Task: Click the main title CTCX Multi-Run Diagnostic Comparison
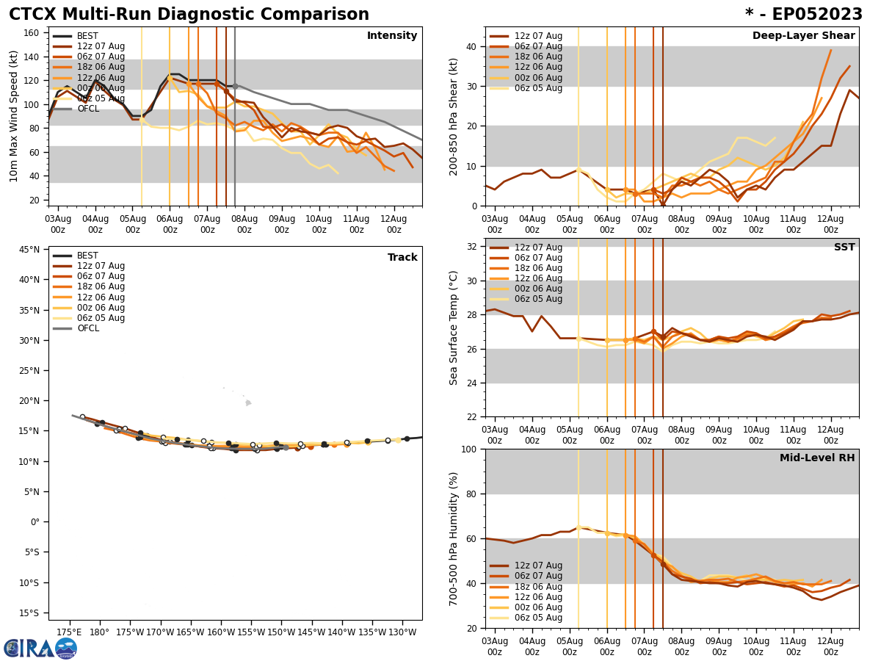pyautogui.click(x=189, y=15)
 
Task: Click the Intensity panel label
pyautogui.click(x=392, y=36)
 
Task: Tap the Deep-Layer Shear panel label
pyautogui.click(x=803, y=36)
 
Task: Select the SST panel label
pyautogui.click(x=844, y=248)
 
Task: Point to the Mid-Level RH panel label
pyautogui.click(x=817, y=458)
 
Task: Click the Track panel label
pyautogui.click(x=402, y=258)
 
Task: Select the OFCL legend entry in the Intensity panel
pyautogui.click(x=88, y=109)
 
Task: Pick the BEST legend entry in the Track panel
pyautogui.click(x=87, y=256)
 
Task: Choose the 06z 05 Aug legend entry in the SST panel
pyautogui.click(x=537, y=299)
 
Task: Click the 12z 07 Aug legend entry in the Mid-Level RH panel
pyautogui.click(x=537, y=566)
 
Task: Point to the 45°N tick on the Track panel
pyautogui.click(x=29, y=250)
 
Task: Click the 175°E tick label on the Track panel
pyautogui.click(x=69, y=632)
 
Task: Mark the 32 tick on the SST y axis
pyautogui.click(x=473, y=247)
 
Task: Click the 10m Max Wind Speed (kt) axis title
pyautogui.click(x=14, y=116)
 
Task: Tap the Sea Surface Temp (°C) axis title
pyautogui.click(x=454, y=328)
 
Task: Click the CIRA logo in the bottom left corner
pyautogui.click(x=40, y=648)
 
